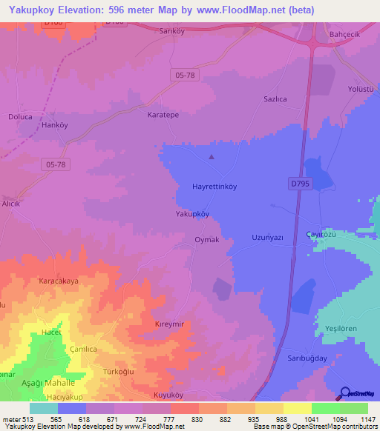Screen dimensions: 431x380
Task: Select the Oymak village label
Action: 206,240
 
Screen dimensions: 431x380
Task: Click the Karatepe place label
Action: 163,116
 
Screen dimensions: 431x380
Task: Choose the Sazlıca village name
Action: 276,98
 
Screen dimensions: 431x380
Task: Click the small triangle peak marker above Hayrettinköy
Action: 212,156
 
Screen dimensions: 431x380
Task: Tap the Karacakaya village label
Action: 59,281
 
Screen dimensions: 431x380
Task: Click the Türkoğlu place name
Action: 118,371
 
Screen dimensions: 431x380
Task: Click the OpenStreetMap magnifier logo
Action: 345,393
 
